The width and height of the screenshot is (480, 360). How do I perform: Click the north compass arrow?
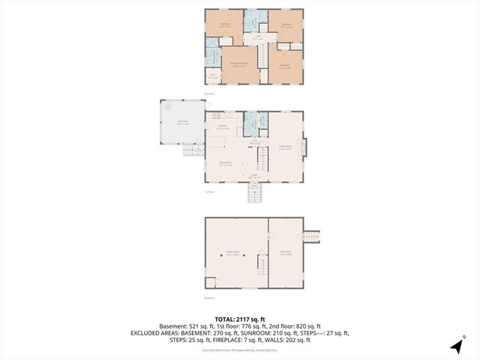[x=457, y=345]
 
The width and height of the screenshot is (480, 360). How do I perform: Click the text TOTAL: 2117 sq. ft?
[x=240, y=319]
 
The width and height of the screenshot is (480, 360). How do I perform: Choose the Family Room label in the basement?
[x=232, y=253]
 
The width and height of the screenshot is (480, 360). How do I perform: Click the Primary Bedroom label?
[x=240, y=64]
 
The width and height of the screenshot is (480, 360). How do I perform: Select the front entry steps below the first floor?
[x=255, y=194]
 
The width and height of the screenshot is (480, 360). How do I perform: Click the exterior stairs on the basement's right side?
[x=310, y=237]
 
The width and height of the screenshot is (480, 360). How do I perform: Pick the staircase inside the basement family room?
[x=262, y=264]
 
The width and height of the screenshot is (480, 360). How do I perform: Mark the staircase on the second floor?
[x=262, y=55]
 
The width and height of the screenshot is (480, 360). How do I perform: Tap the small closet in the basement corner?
[x=210, y=282]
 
